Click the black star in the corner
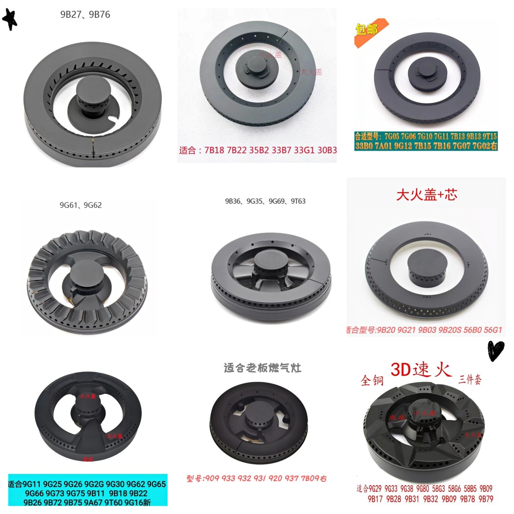10,20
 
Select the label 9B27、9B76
85,15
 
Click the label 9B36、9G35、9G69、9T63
265,201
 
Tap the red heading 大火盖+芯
426,195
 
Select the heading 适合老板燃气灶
262,368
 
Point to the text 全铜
372,380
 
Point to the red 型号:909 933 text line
256,478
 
